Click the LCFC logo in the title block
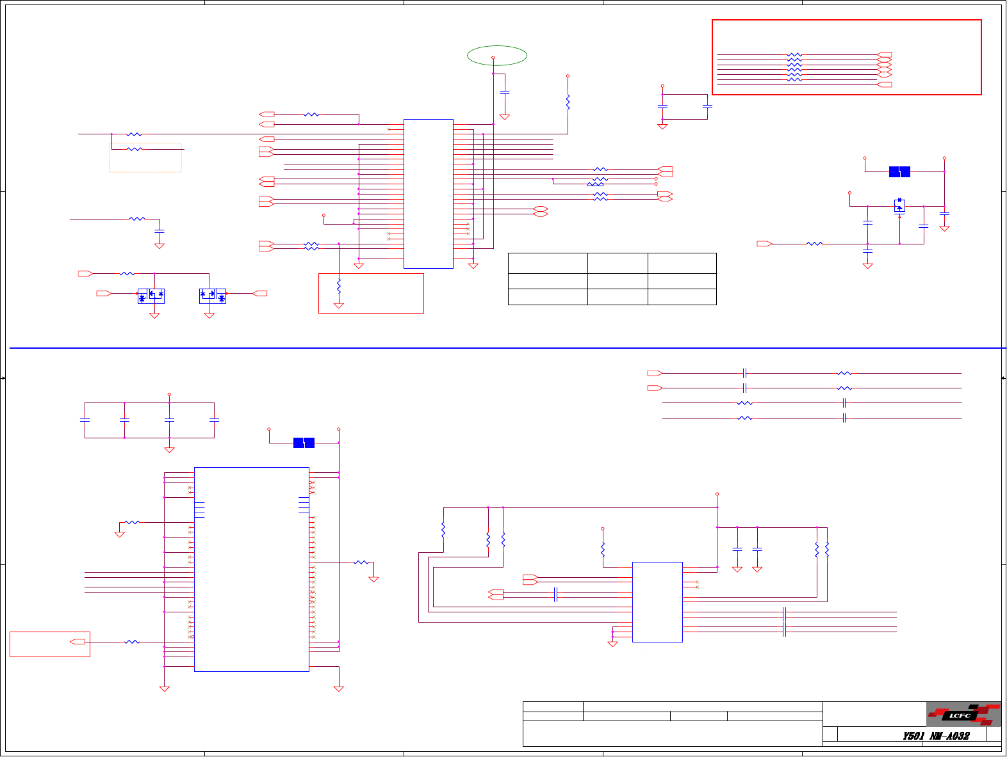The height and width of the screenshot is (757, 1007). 963,714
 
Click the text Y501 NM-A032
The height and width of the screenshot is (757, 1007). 936,736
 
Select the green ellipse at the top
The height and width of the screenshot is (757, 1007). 497,56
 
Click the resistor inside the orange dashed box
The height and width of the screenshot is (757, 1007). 135,149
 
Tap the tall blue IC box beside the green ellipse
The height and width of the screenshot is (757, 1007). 429,193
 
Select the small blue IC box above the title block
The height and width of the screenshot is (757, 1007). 657,602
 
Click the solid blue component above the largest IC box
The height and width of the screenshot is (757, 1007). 304,442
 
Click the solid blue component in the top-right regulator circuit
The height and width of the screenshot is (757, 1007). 899,171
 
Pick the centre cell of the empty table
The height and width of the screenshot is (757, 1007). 618,281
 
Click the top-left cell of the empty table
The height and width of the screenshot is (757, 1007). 548,263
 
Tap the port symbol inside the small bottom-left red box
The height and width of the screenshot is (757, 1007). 78,641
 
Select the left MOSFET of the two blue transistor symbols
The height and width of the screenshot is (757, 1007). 151,296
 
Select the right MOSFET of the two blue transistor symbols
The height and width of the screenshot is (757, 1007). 213,296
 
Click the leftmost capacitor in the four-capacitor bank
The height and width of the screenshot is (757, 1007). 85,420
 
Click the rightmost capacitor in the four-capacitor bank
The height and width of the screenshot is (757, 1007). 214,420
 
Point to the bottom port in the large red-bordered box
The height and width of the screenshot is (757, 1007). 885,84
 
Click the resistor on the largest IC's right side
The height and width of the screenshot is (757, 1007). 361,562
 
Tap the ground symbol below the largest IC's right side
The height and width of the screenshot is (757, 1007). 339,689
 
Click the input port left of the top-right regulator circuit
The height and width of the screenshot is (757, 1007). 764,243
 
